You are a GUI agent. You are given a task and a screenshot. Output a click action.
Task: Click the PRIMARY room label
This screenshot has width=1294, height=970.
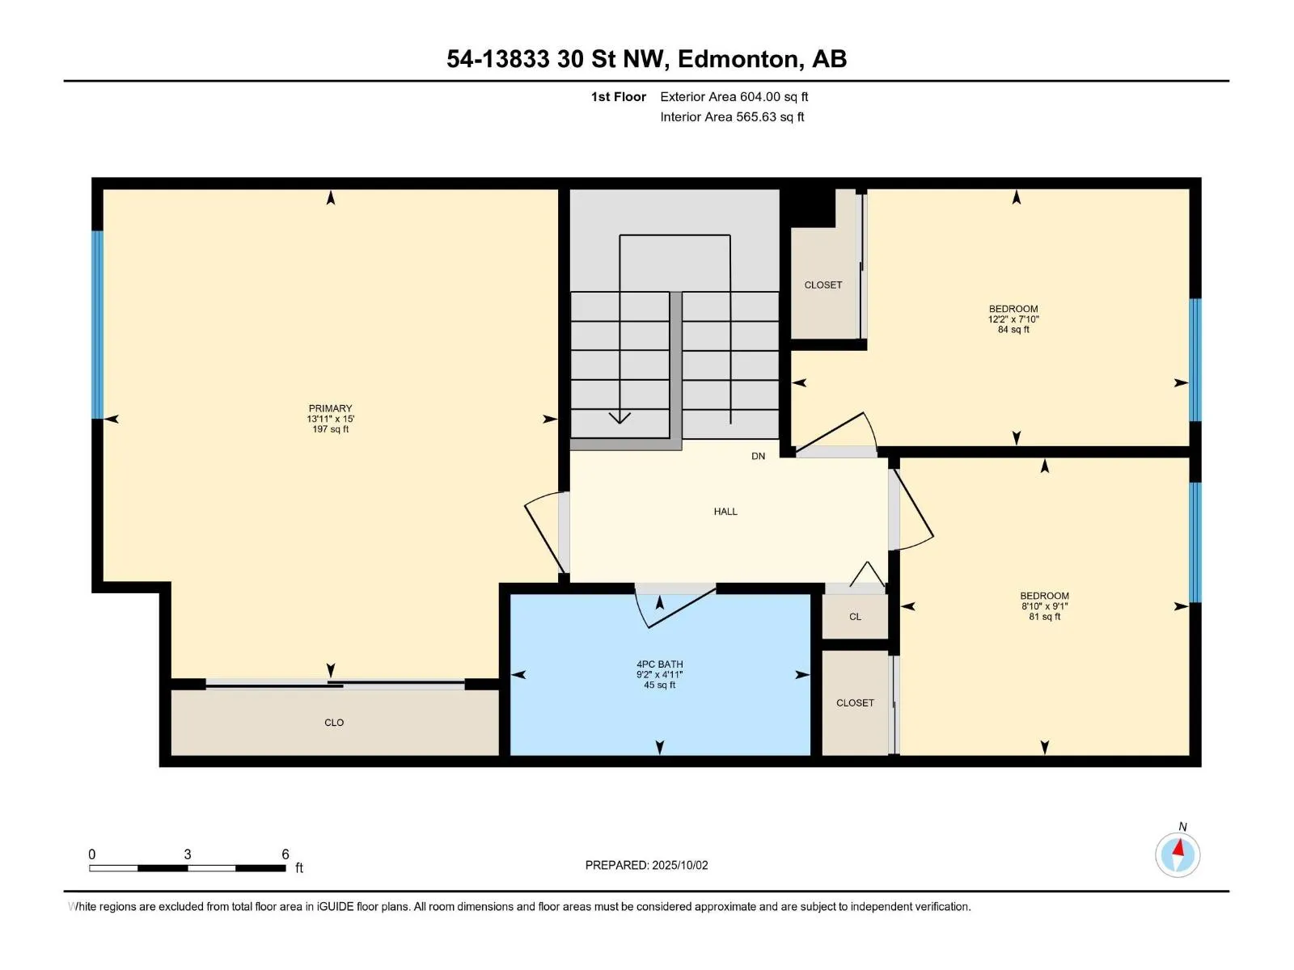tap(329, 408)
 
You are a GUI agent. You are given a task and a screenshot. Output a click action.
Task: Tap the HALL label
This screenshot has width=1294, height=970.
tap(725, 511)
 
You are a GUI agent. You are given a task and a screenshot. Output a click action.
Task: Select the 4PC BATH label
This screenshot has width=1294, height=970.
tap(659, 664)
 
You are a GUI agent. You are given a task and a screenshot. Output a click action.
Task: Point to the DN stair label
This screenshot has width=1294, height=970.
tap(758, 456)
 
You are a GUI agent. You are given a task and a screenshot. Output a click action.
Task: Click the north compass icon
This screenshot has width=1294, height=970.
tap(1178, 854)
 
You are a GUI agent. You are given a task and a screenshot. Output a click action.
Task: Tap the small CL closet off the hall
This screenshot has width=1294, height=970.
tap(855, 617)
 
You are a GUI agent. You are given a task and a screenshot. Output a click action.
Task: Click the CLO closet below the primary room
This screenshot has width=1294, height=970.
tap(334, 722)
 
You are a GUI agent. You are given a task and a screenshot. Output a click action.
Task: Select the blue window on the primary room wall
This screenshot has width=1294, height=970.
tap(97, 324)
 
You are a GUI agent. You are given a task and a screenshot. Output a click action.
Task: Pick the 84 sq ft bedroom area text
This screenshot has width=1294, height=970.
tap(1013, 330)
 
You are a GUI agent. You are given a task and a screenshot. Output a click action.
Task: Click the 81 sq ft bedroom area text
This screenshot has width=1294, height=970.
tap(1045, 617)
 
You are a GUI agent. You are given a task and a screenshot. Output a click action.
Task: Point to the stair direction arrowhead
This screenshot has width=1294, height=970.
tap(620, 418)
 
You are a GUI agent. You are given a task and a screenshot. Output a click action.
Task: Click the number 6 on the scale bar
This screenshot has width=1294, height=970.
tap(285, 854)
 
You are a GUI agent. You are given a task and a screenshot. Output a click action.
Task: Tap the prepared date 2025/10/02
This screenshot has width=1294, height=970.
tap(679, 865)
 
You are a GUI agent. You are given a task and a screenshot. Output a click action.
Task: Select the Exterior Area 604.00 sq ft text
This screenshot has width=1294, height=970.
tap(734, 96)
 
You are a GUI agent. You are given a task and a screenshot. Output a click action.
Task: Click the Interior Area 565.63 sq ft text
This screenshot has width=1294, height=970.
tap(732, 116)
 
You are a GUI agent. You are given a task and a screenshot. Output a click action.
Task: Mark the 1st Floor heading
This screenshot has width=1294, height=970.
tap(619, 96)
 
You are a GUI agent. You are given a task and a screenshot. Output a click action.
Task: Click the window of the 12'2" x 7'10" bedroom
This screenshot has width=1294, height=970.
tap(1195, 360)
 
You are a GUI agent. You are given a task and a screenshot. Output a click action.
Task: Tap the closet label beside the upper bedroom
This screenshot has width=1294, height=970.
tap(823, 285)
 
